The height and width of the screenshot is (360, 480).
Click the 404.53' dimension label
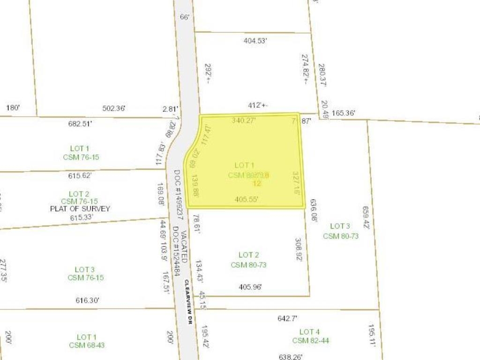pos(255,41)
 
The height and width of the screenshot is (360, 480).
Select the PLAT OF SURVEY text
pos(80,209)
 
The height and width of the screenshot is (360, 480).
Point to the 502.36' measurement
pos(114,109)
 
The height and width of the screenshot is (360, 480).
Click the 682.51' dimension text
pos(80,124)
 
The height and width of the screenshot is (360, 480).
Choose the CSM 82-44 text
pos(310,341)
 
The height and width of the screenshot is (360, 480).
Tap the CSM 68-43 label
pos(87,345)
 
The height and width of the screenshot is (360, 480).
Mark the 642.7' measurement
pos(287,318)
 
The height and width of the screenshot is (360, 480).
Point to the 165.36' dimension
pos(343,113)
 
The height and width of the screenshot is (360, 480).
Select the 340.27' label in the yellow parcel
pos(244,120)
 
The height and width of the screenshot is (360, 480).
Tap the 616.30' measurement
pos(88,300)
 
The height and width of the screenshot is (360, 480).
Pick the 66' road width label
pos(185,17)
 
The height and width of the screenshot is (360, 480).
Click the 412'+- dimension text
pos(258,105)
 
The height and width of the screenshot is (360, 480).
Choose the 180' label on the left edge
pos(13,108)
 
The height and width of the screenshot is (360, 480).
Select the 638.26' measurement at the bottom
pos(291,357)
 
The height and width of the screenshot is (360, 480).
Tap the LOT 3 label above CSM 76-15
pos(85,270)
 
